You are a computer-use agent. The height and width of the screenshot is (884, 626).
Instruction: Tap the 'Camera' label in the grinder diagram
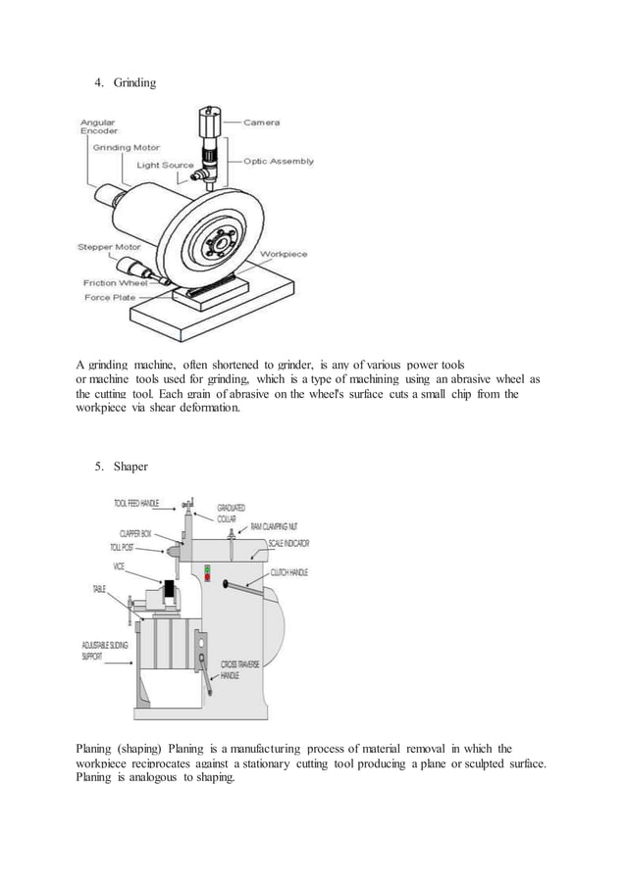point(261,123)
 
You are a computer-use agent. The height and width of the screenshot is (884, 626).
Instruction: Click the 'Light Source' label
point(165,165)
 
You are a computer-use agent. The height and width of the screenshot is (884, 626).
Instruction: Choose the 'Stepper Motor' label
point(108,247)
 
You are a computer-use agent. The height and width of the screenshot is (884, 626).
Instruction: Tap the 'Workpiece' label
point(284,254)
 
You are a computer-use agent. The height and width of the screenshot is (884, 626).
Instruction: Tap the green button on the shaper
point(207,569)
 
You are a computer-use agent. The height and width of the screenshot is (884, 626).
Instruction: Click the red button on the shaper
point(207,579)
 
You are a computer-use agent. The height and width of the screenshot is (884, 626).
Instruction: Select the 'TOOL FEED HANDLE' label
point(136,503)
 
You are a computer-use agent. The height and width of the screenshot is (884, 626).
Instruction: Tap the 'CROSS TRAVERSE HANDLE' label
point(241,670)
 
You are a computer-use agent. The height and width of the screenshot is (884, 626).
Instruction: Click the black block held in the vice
point(169,590)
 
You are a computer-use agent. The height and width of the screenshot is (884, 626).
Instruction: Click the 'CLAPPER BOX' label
point(135,534)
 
